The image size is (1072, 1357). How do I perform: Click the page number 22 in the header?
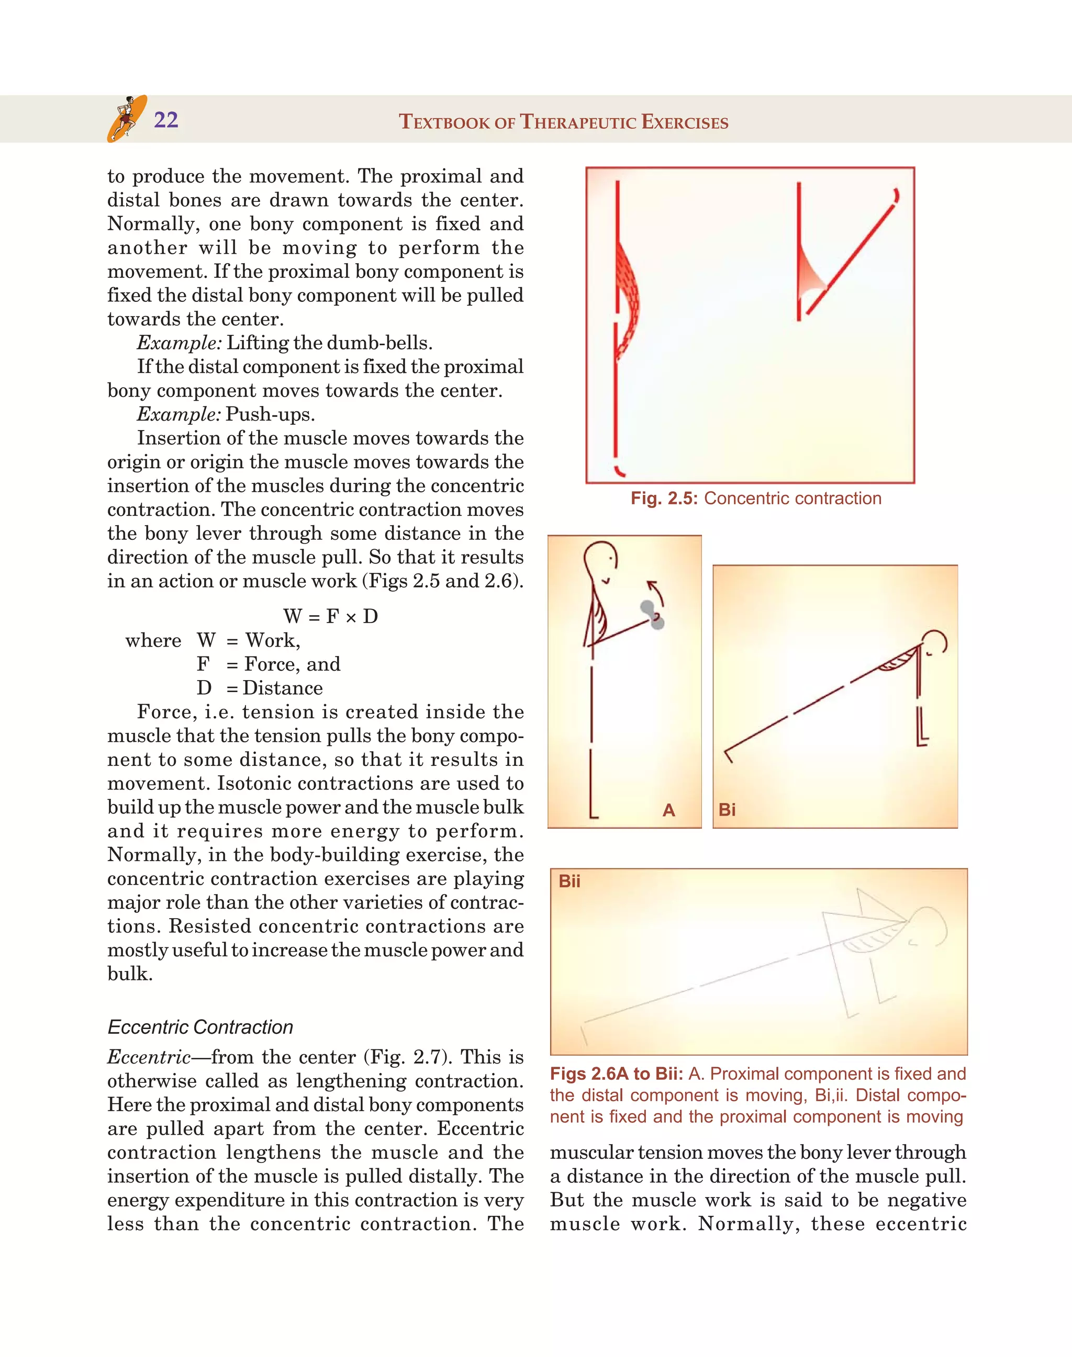(x=166, y=120)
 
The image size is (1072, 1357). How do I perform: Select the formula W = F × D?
(x=330, y=616)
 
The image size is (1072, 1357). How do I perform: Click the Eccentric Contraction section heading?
(x=200, y=1027)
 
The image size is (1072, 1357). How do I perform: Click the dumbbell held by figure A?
(x=652, y=614)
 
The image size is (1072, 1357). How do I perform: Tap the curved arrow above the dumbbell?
(x=656, y=592)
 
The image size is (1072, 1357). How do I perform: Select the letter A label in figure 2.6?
(x=668, y=810)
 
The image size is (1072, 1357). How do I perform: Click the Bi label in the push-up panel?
(x=727, y=810)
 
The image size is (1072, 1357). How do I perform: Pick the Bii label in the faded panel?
(x=569, y=881)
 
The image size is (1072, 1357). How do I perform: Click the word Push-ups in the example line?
(x=270, y=414)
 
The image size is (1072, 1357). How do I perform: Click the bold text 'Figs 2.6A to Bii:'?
(x=616, y=1074)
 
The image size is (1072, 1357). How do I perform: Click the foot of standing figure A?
(x=594, y=815)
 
